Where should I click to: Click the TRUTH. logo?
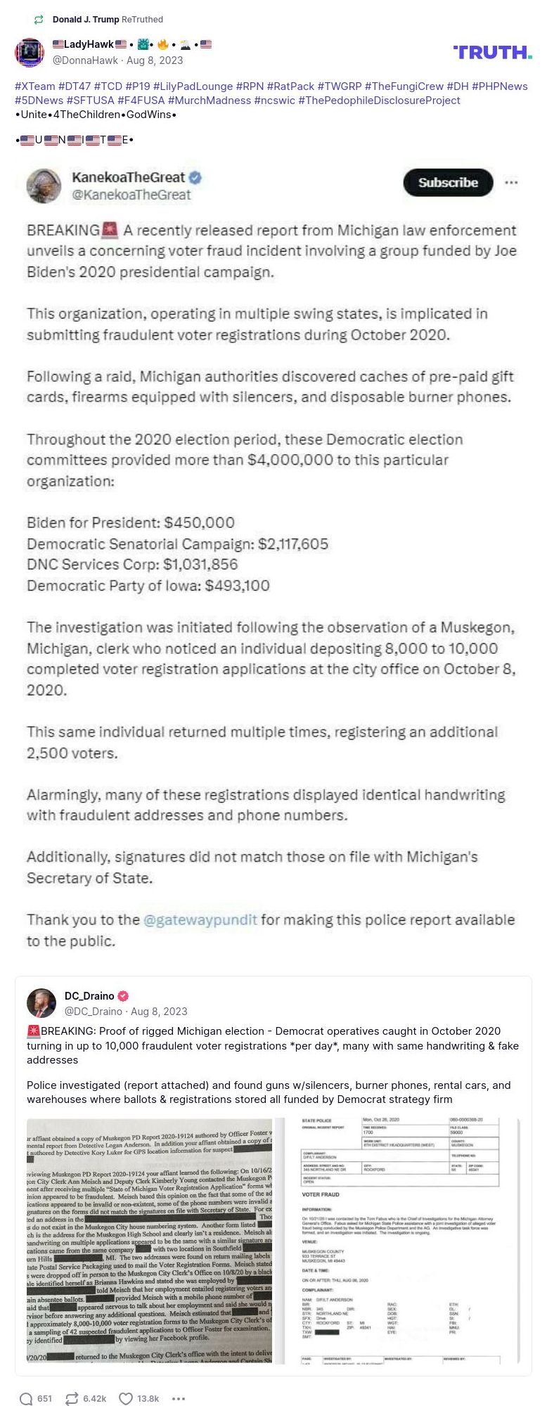pyautogui.click(x=492, y=52)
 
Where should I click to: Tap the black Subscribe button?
pyautogui.click(x=448, y=183)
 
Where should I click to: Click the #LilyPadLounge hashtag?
pyautogui.click(x=193, y=86)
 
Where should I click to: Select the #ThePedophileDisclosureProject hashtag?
pyautogui.click(x=379, y=101)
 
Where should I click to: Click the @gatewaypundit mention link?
pyautogui.click(x=200, y=920)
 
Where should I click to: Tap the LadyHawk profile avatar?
pyautogui.click(x=30, y=53)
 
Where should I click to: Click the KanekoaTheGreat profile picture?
pyautogui.click(x=44, y=186)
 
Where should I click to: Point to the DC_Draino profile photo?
pyautogui.click(x=41, y=1003)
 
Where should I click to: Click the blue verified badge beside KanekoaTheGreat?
pyautogui.click(x=195, y=178)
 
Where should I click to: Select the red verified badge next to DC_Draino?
pyautogui.click(x=123, y=996)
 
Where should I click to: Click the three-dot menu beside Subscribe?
pyautogui.click(x=511, y=183)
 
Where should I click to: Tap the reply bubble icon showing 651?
pyautogui.click(x=26, y=1398)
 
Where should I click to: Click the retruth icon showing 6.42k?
pyautogui.click(x=71, y=1398)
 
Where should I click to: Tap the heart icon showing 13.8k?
pyautogui.click(x=126, y=1398)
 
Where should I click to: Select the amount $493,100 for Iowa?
pyautogui.click(x=237, y=586)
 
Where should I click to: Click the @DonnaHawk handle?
pyautogui.click(x=85, y=60)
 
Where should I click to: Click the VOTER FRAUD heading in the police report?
pyautogui.click(x=321, y=1194)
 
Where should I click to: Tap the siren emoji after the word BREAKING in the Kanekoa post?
pyautogui.click(x=110, y=230)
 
